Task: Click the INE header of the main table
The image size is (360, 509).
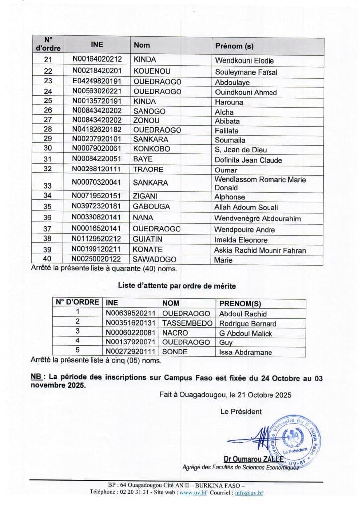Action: click(x=97, y=44)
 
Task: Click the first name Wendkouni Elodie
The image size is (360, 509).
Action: click(x=244, y=61)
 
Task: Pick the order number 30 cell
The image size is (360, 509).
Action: click(x=48, y=149)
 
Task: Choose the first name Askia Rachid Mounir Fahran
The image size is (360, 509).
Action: click(x=260, y=250)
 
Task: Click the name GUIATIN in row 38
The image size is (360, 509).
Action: click(x=148, y=240)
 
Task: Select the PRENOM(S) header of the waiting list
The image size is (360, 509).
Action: click(x=240, y=303)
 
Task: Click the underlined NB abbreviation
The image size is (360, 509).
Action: click(x=36, y=378)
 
